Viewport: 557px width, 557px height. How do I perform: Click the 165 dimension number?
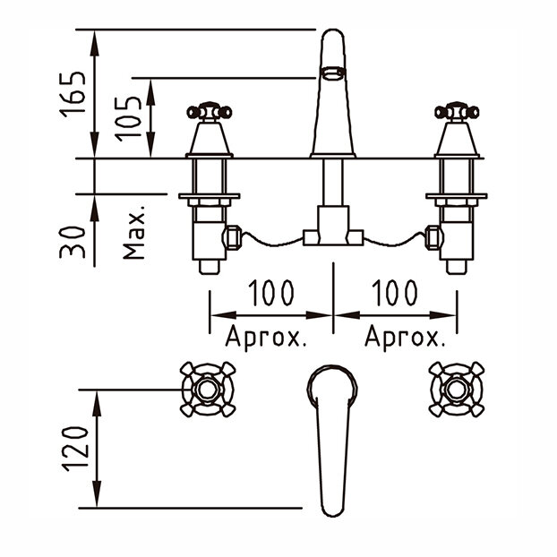click(x=73, y=94)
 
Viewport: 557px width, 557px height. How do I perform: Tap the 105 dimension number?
click(x=128, y=118)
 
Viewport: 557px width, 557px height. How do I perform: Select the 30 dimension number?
click(x=73, y=242)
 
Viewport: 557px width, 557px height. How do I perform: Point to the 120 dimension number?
click(x=75, y=449)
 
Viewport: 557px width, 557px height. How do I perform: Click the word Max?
click(x=134, y=232)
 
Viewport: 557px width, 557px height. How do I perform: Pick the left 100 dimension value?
click(x=271, y=293)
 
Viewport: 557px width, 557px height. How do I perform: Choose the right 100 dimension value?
click(x=394, y=293)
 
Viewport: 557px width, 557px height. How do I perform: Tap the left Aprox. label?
click(x=266, y=338)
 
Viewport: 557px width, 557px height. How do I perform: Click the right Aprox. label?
click(x=405, y=338)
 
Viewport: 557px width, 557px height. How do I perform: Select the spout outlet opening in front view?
click(x=333, y=73)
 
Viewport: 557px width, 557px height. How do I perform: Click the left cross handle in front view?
click(x=210, y=112)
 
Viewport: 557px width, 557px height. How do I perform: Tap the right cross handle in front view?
click(x=457, y=112)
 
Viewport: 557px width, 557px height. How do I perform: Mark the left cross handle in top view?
click(x=208, y=390)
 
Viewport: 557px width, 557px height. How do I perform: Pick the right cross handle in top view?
click(x=457, y=390)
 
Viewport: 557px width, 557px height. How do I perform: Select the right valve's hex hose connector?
click(x=433, y=237)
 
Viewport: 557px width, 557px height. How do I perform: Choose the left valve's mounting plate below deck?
click(x=210, y=196)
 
